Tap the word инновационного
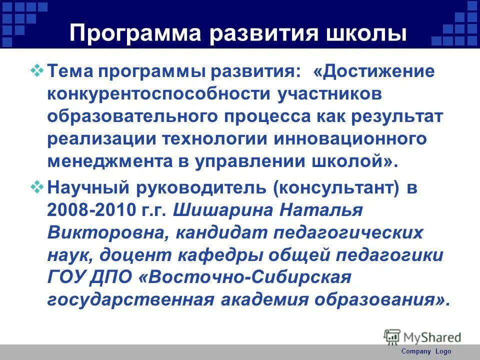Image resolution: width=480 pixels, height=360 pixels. coord(350,138)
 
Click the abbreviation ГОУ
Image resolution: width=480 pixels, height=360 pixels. coord(65,277)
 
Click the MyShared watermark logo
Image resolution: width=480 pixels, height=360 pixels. coord(422,336)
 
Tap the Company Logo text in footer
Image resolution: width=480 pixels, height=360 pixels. coord(426,351)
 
